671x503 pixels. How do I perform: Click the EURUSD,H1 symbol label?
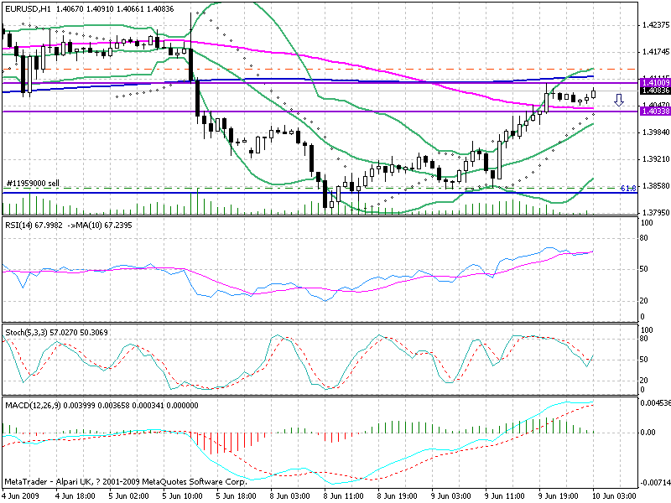[x=26, y=8]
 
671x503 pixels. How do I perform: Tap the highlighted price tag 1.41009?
[x=654, y=82]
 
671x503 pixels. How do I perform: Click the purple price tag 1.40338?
[x=654, y=111]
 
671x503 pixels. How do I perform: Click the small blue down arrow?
[x=619, y=101]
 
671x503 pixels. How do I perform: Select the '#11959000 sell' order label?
[x=33, y=183]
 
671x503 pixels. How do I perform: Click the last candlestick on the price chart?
[x=594, y=93]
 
